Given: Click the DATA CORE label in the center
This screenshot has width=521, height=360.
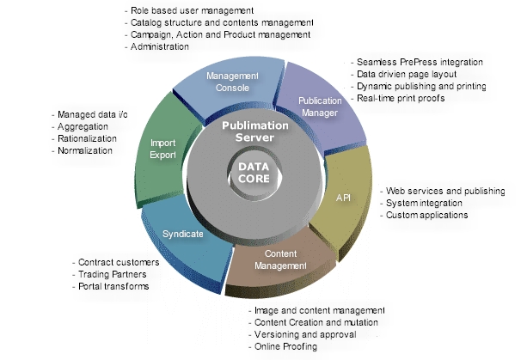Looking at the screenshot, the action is point(254,173).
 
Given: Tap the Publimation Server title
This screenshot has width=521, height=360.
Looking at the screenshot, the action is point(255,131).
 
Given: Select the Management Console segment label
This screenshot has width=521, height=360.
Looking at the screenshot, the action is point(232,82).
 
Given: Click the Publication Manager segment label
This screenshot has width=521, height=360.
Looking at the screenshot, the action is point(320,107).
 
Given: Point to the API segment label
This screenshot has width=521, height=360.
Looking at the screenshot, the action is point(343,198).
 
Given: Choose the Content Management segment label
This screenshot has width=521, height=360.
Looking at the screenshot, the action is point(281,259).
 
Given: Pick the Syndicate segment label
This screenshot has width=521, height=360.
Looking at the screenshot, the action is point(183,234).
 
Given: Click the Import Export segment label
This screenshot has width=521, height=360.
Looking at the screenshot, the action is point(162,149).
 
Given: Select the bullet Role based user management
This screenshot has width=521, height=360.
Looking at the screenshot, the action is point(189,10).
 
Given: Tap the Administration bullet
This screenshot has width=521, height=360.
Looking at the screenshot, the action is point(156,46).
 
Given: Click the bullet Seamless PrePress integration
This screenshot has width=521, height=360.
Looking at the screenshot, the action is point(417,62).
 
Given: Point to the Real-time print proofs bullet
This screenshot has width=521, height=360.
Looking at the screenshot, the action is point(398,98).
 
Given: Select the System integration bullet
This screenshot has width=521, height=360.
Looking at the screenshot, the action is point(421,203).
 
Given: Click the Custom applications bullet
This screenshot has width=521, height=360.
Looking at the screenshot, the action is point(425,215).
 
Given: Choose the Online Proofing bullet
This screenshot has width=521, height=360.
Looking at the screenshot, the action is point(283,346).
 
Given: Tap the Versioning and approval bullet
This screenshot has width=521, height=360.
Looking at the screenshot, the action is point(303,334).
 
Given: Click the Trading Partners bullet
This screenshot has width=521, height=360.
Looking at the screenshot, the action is point(109,274).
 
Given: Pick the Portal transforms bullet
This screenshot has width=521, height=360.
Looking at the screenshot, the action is point(111,286).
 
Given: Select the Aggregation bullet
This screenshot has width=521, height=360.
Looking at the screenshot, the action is point(80,126).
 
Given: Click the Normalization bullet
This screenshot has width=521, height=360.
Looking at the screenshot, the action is point(82,150).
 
